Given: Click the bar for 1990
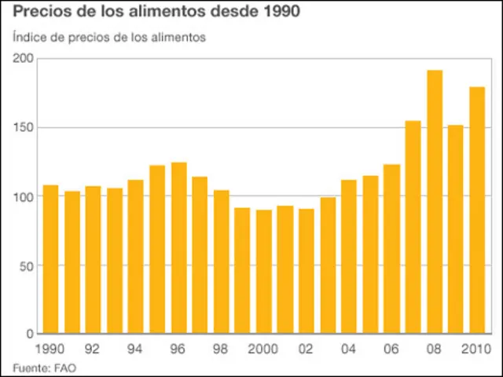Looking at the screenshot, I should tap(50, 259).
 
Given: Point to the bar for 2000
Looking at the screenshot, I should tap(263, 272).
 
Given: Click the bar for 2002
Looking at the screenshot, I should tap(307, 271).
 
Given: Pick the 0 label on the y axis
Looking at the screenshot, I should tap(30, 335).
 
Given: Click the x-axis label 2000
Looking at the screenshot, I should tap(263, 349).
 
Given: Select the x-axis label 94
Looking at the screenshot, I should tap(135, 349).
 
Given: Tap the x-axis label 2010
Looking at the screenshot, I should tap(475, 349).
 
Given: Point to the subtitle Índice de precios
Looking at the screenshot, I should tap(109, 37).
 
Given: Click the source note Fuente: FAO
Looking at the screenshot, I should tap(44, 367).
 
